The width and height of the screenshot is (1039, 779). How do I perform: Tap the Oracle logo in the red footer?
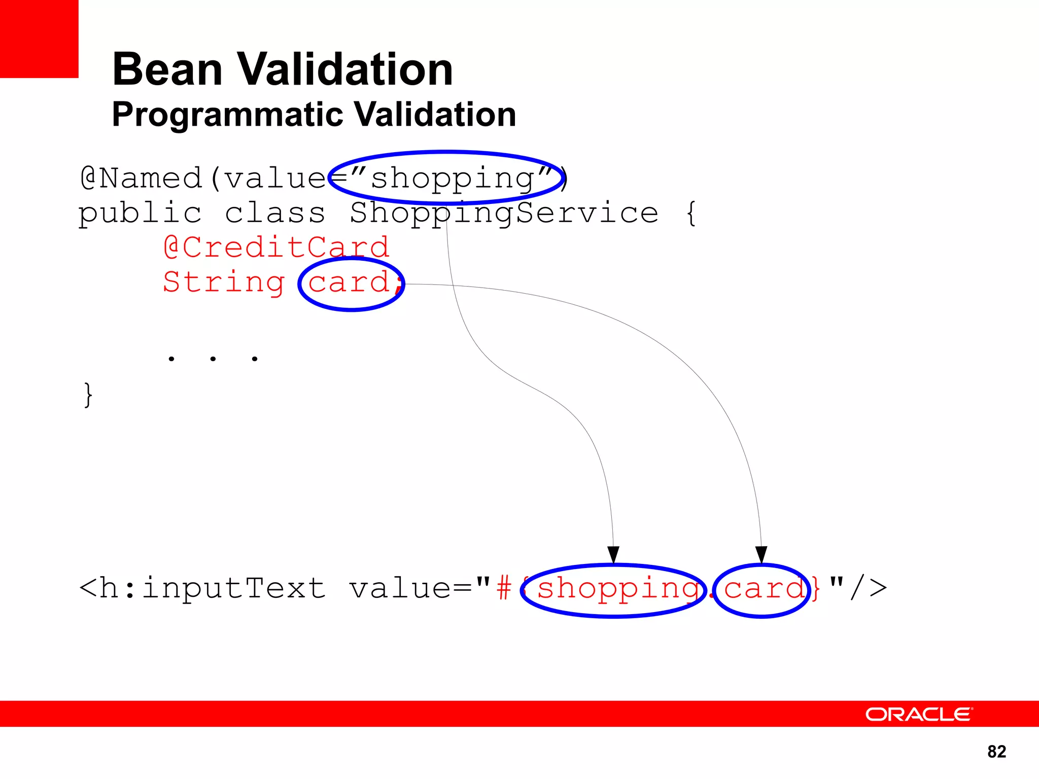[919, 714]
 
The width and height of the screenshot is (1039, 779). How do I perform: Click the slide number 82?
[996, 752]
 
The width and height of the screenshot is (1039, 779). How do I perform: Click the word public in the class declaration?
[140, 213]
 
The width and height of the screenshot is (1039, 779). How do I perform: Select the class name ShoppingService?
[504, 213]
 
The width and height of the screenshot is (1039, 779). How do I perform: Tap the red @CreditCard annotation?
[276, 247]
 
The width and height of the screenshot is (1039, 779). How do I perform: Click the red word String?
[224, 282]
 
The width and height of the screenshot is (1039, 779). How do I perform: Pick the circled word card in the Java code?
[349, 282]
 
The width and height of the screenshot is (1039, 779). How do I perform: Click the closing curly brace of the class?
[88, 395]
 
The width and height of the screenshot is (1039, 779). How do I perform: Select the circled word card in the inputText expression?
[764, 589]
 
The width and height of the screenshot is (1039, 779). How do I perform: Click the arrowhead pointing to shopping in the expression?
[613, 554]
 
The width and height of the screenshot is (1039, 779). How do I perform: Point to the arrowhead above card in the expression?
[761, 554]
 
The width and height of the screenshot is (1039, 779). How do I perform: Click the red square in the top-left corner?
[39, 39]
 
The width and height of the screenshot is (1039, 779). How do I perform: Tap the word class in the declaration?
[274, 213]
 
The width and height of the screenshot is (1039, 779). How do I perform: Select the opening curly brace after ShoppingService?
[690, 213]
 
